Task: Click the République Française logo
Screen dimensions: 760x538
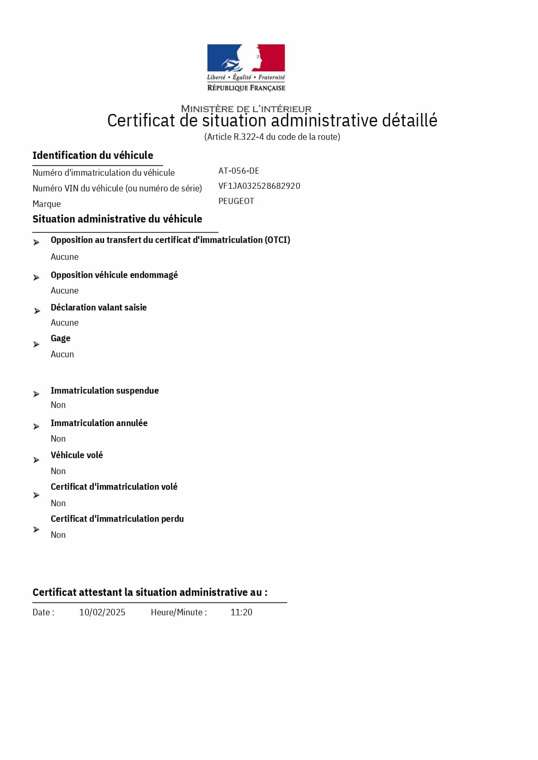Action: (246, 68)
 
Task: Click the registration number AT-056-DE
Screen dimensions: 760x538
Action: (239, 171)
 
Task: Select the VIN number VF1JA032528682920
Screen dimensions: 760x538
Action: (259, 186)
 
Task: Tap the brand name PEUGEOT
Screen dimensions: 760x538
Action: (236, 201)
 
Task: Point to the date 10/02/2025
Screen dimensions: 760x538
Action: (102, 612)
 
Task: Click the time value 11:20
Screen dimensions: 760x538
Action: (241, 612)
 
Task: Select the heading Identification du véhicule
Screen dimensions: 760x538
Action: (93, 155)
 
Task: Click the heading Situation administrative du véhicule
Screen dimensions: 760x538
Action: (117, 219)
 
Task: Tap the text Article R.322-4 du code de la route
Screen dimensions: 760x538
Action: (272, 137)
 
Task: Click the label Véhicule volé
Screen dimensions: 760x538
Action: (77, 455)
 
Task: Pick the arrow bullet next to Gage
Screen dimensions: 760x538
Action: (36, 345)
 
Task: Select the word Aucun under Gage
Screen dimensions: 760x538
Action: (62, 354)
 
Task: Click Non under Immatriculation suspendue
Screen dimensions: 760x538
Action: (58, 405)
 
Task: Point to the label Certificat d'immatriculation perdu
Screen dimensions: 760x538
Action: (117, 519)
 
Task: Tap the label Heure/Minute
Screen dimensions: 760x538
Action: (179, 612)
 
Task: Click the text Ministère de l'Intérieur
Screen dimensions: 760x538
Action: (246, 109)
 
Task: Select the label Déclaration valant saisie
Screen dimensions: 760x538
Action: (98, 307)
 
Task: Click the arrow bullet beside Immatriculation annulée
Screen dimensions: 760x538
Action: (36, 427)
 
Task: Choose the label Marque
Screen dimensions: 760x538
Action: (46, 204)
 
